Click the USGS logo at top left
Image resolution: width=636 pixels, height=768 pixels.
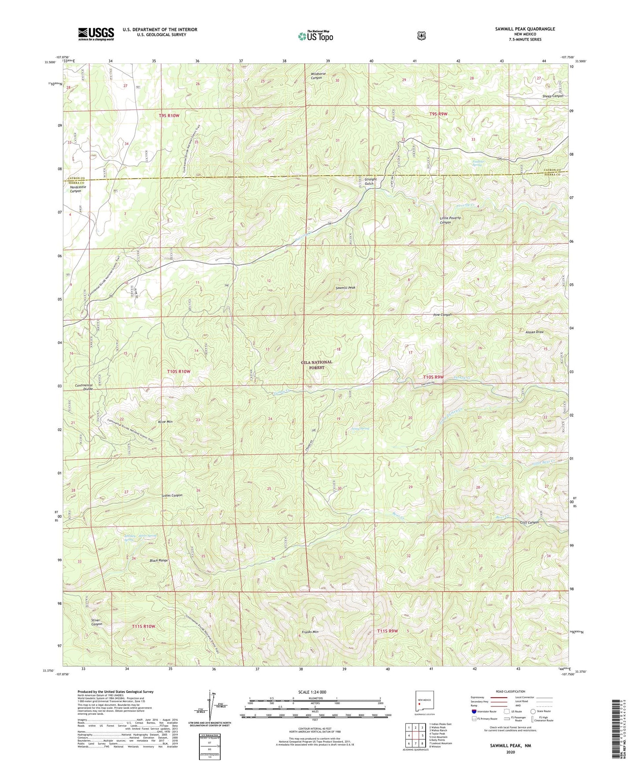[x=96, y=34]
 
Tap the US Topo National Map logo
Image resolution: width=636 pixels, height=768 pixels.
[x=315, y=36]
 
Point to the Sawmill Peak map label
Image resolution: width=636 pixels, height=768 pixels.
[x=345, y=288]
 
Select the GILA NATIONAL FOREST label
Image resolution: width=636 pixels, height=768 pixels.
[x=316, y=365]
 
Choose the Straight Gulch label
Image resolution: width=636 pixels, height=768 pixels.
[x=370, y=181]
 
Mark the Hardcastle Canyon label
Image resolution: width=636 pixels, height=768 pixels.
[x=78, y=189]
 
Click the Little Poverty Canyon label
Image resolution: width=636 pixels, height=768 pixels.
[x=450, y=220]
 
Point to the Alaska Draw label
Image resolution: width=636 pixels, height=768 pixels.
[x=534, y=332]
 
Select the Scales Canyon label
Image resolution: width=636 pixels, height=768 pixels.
[x=172, y=495]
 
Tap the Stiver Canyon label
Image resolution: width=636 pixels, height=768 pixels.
[x=96, y=622]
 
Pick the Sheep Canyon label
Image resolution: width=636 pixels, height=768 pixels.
[x=552, y=96]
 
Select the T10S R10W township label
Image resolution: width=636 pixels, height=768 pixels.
[x=179, y=371]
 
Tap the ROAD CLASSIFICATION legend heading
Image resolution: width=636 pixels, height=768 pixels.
[x=511, y=691]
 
